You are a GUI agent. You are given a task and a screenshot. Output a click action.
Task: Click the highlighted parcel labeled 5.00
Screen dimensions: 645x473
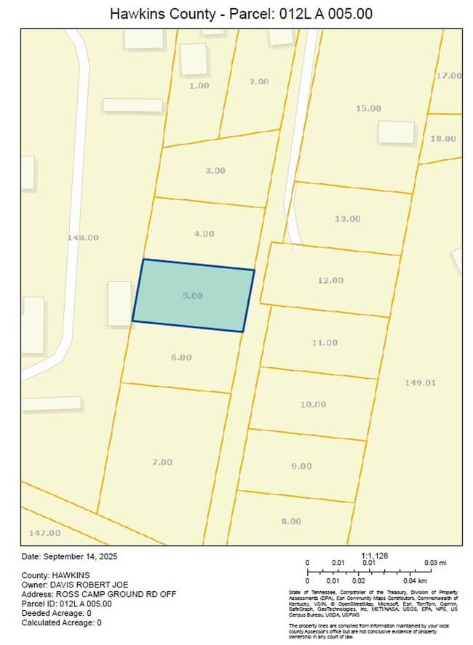coord(193,296)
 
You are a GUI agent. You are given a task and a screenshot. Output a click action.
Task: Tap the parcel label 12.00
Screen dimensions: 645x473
coord(330,280)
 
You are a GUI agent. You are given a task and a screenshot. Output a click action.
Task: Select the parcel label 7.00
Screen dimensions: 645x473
coord(162,462)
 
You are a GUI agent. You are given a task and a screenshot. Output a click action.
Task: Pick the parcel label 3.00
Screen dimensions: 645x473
coord(215,170)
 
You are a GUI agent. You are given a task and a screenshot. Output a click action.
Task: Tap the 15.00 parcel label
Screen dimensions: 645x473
coord(368,108)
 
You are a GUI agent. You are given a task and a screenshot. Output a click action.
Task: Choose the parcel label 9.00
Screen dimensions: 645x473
coord(301,466)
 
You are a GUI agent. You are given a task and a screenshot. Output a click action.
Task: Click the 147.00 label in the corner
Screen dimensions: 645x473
coord(44,533)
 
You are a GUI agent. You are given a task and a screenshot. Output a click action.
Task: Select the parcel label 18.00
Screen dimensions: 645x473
coord(443,139)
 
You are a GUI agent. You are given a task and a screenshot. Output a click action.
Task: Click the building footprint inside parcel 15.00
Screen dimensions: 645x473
coord(396,132)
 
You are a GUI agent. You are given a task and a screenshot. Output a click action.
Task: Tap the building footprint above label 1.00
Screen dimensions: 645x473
coord(194,59)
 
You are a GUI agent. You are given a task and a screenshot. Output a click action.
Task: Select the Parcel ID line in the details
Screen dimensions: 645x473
coord(66,604)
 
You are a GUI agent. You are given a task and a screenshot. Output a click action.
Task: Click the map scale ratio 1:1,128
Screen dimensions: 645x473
coord(374,556)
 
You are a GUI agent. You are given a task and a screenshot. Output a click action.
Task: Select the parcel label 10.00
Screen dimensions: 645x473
coord(313,404)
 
